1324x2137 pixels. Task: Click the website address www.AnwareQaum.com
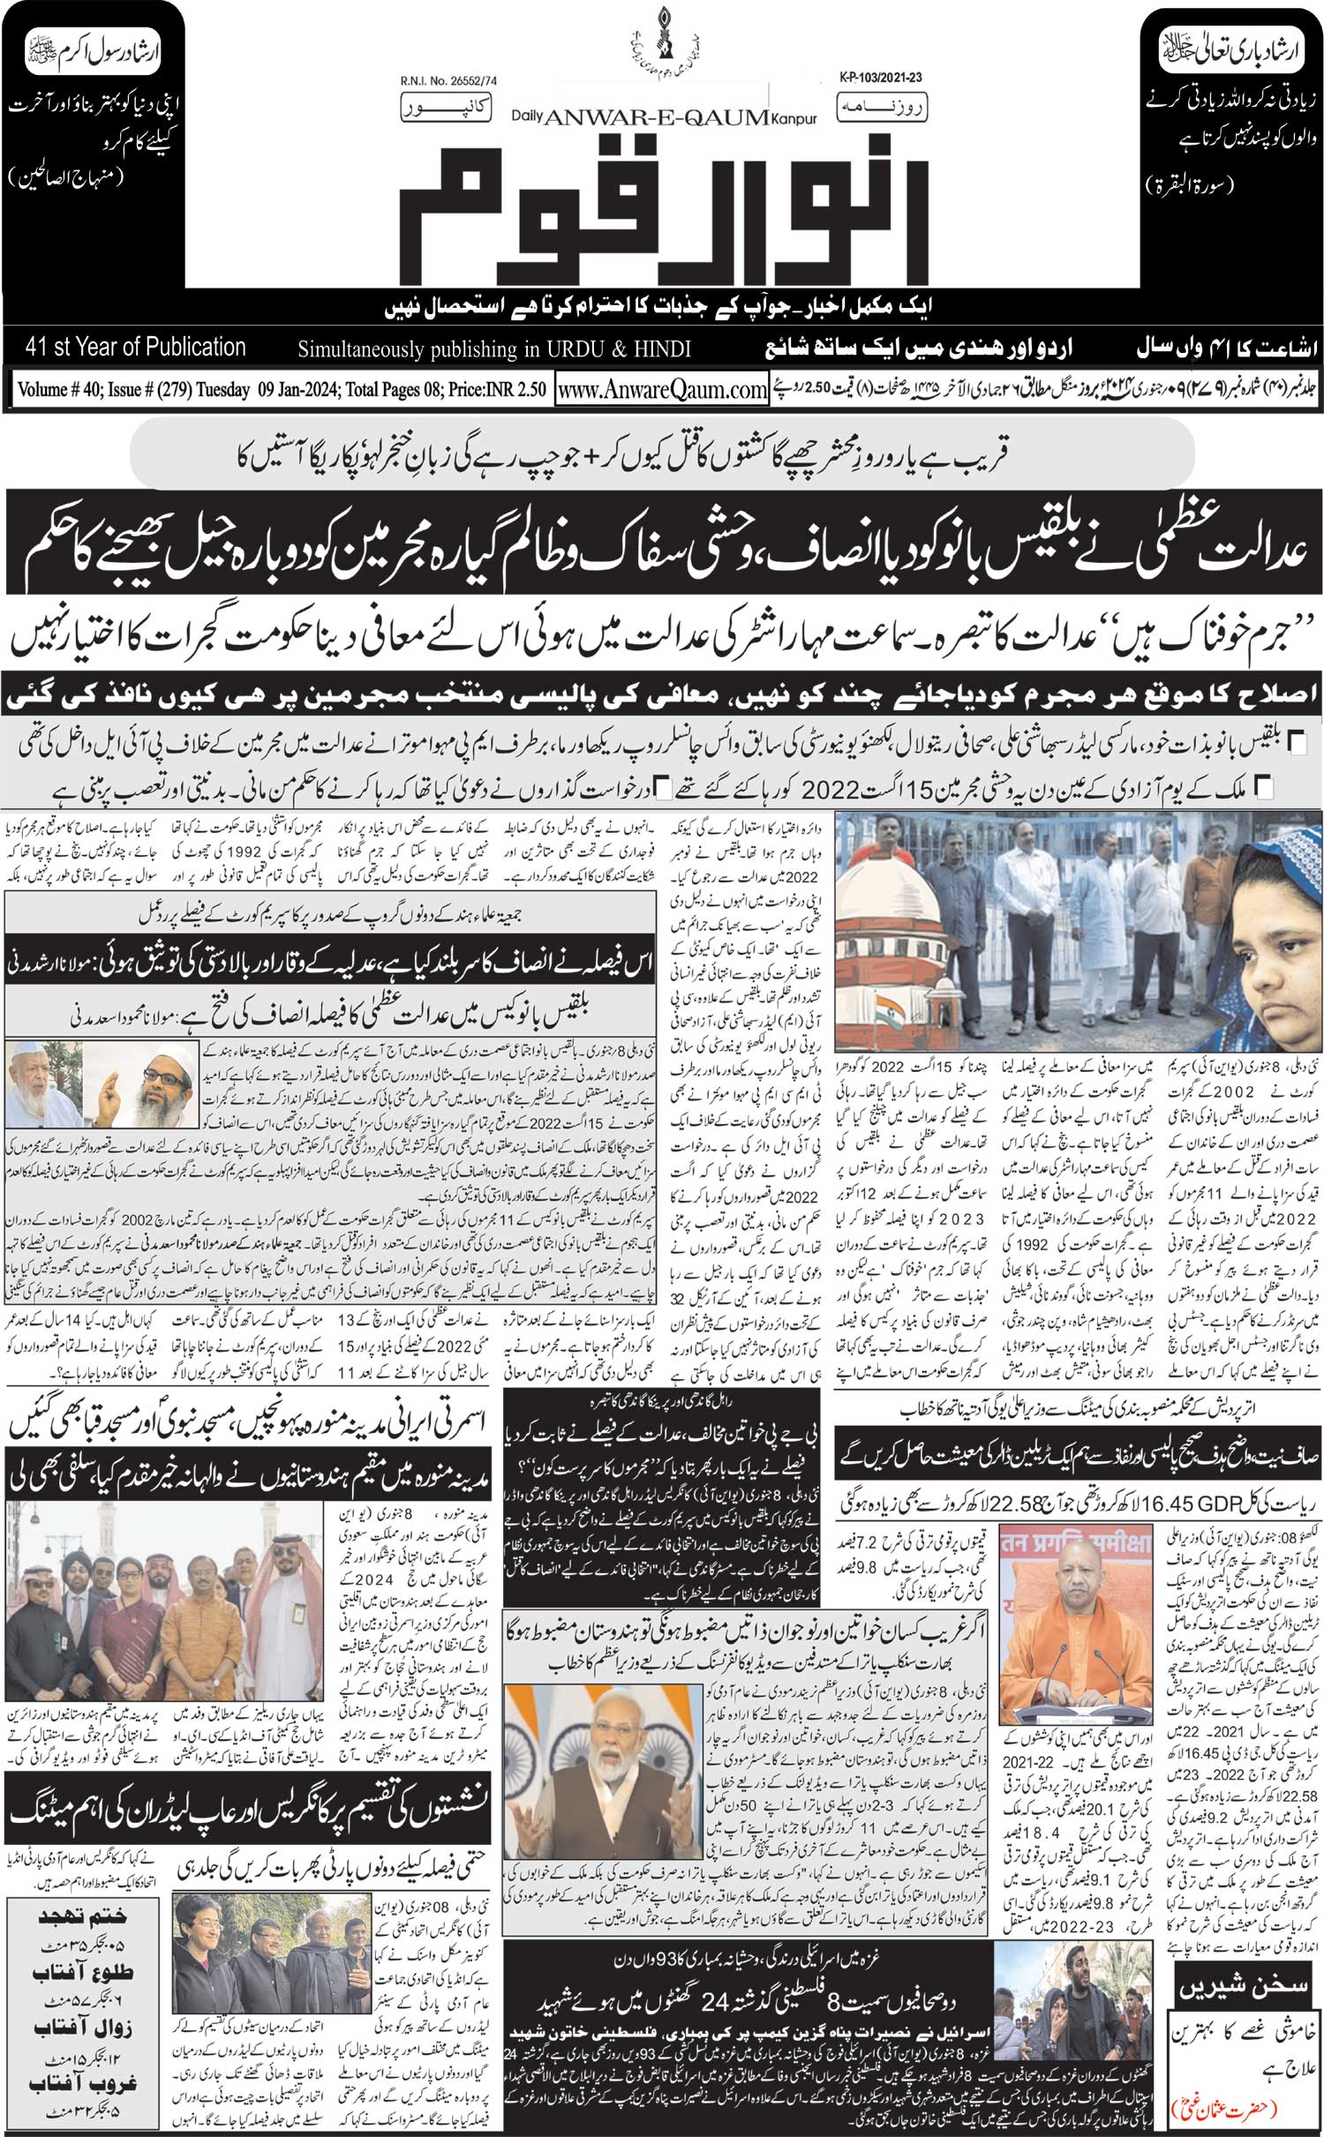pyautogui.click(x=662, y=389)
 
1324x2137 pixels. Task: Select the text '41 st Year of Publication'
pyautogui.click(x=136, y=347)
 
